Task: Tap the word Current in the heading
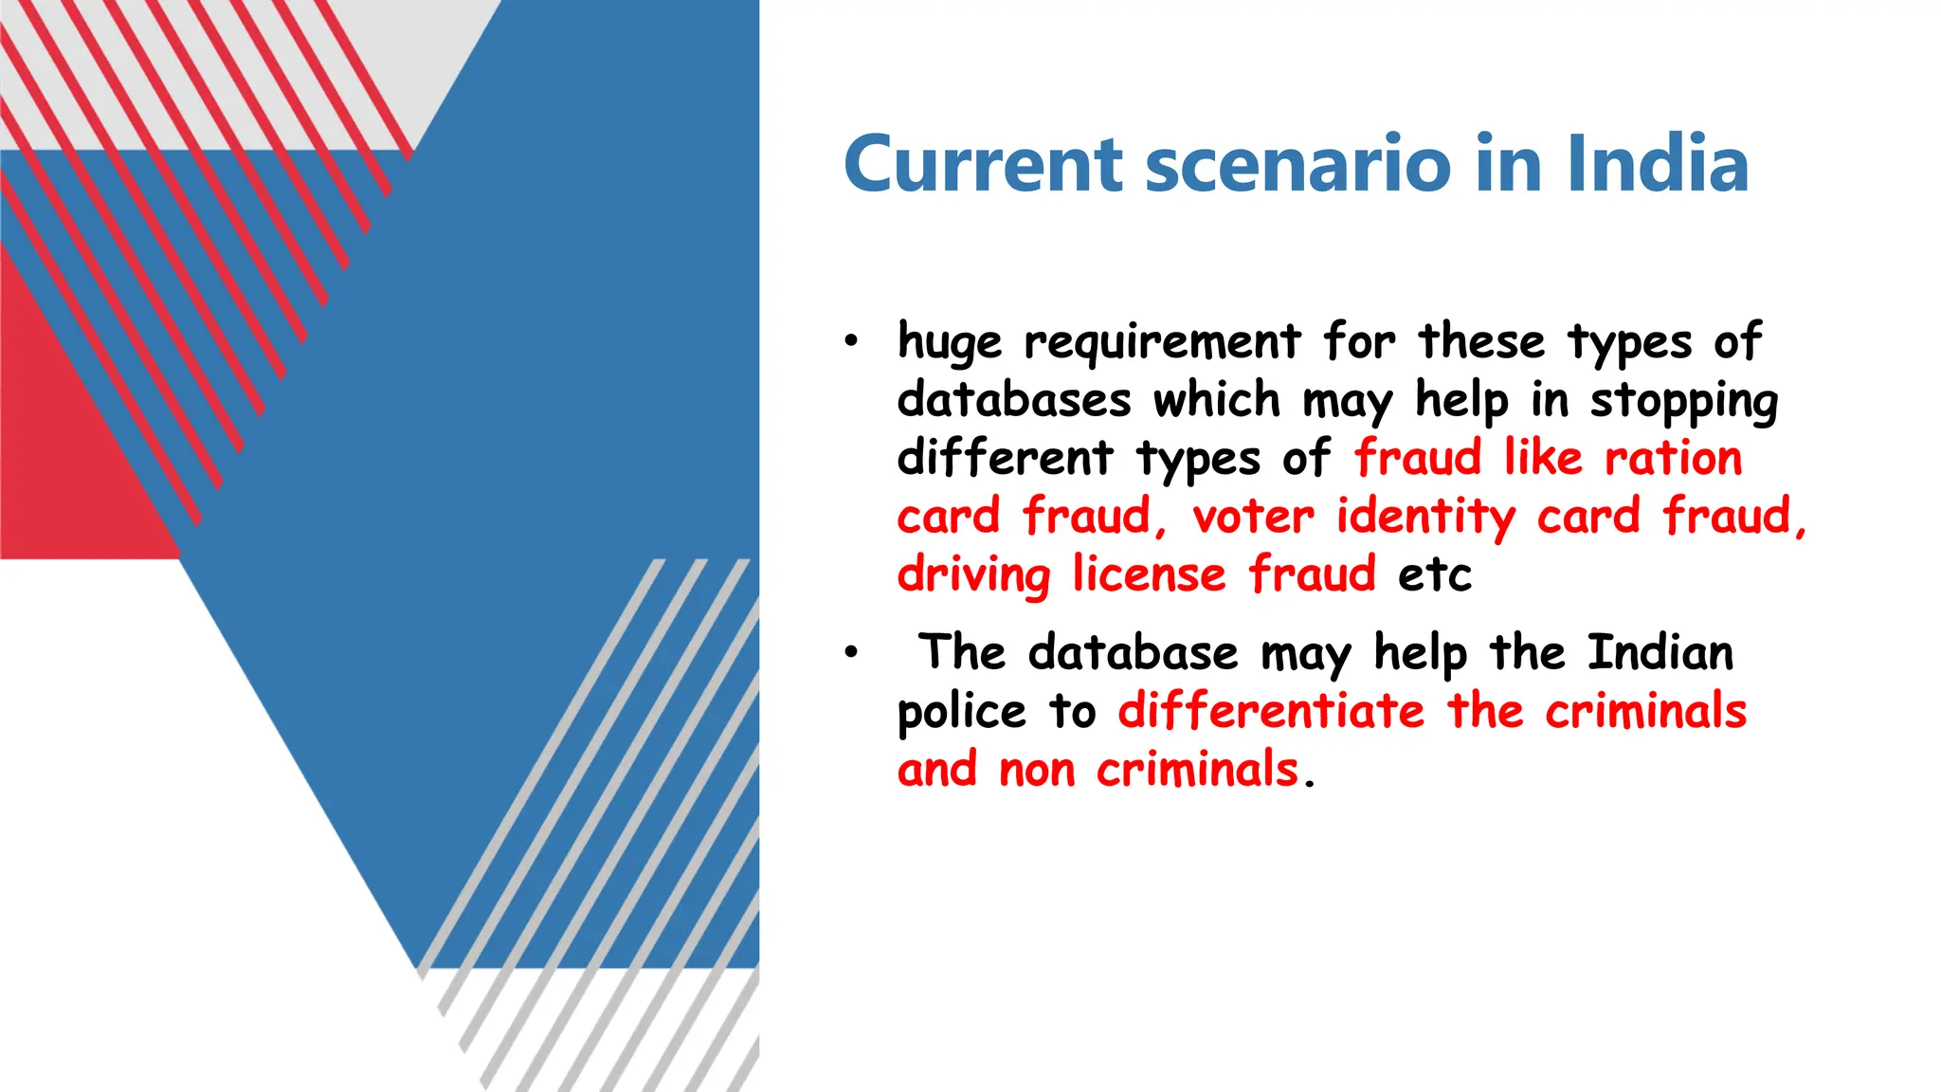[x=983, y=164]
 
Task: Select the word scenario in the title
[x=1297, y=164]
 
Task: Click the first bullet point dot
[x=851, y=341]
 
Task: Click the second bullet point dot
[x=851, y=652]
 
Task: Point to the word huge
[x=949, y=342]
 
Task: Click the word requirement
[x=1162, y=342]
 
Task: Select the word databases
[x=1013, y=400]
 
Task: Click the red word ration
[x=1673, y=458]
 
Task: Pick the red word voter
[x=1253, y=517]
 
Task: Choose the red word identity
[x=1425, y=518]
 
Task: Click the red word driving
[x=973, y=575]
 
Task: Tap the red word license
[x=1149, y=574]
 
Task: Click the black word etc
[x=1434, y=575]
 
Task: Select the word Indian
[x=1660, y=652]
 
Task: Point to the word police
[x=961, y=712]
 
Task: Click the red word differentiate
[x=1271, y=711]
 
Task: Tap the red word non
[x=1036, y=770]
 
